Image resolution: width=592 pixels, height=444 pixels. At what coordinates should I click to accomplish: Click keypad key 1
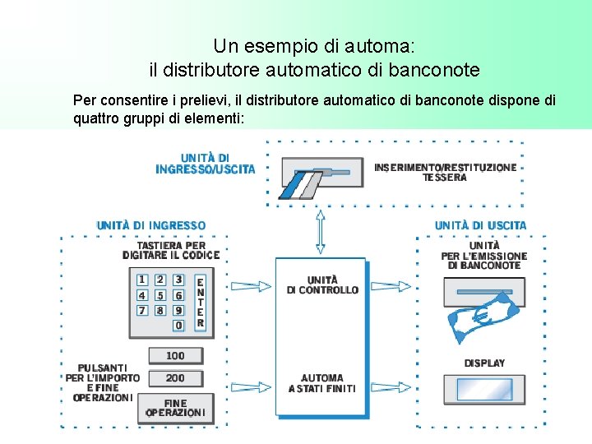tap(142, 280)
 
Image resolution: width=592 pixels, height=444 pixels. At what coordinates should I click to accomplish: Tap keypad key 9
tap(178, 310)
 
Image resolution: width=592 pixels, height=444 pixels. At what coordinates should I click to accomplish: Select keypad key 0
tap(178, 326)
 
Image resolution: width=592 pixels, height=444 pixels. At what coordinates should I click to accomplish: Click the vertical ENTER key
tap(200, 302)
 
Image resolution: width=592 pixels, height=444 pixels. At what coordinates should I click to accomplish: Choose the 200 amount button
tap(175, 378)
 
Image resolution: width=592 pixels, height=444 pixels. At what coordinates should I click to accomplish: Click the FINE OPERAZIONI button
tap(175, 408)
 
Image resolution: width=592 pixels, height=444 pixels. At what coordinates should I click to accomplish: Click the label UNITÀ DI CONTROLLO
tap(322, 284)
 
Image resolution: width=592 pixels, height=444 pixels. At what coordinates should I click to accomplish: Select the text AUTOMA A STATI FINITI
tap(322, 383)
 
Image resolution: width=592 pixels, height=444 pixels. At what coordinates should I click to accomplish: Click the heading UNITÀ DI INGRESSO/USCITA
tap(206, 163)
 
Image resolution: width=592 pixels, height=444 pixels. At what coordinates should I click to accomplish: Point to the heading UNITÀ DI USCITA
tap(480, 224)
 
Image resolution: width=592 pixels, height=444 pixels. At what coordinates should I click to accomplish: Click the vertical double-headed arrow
tap(321, 232)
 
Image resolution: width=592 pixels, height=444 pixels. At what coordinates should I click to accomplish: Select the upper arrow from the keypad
tap(252, 286)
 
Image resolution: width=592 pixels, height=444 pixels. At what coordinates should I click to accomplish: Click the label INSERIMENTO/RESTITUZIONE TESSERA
tap(445, 172)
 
